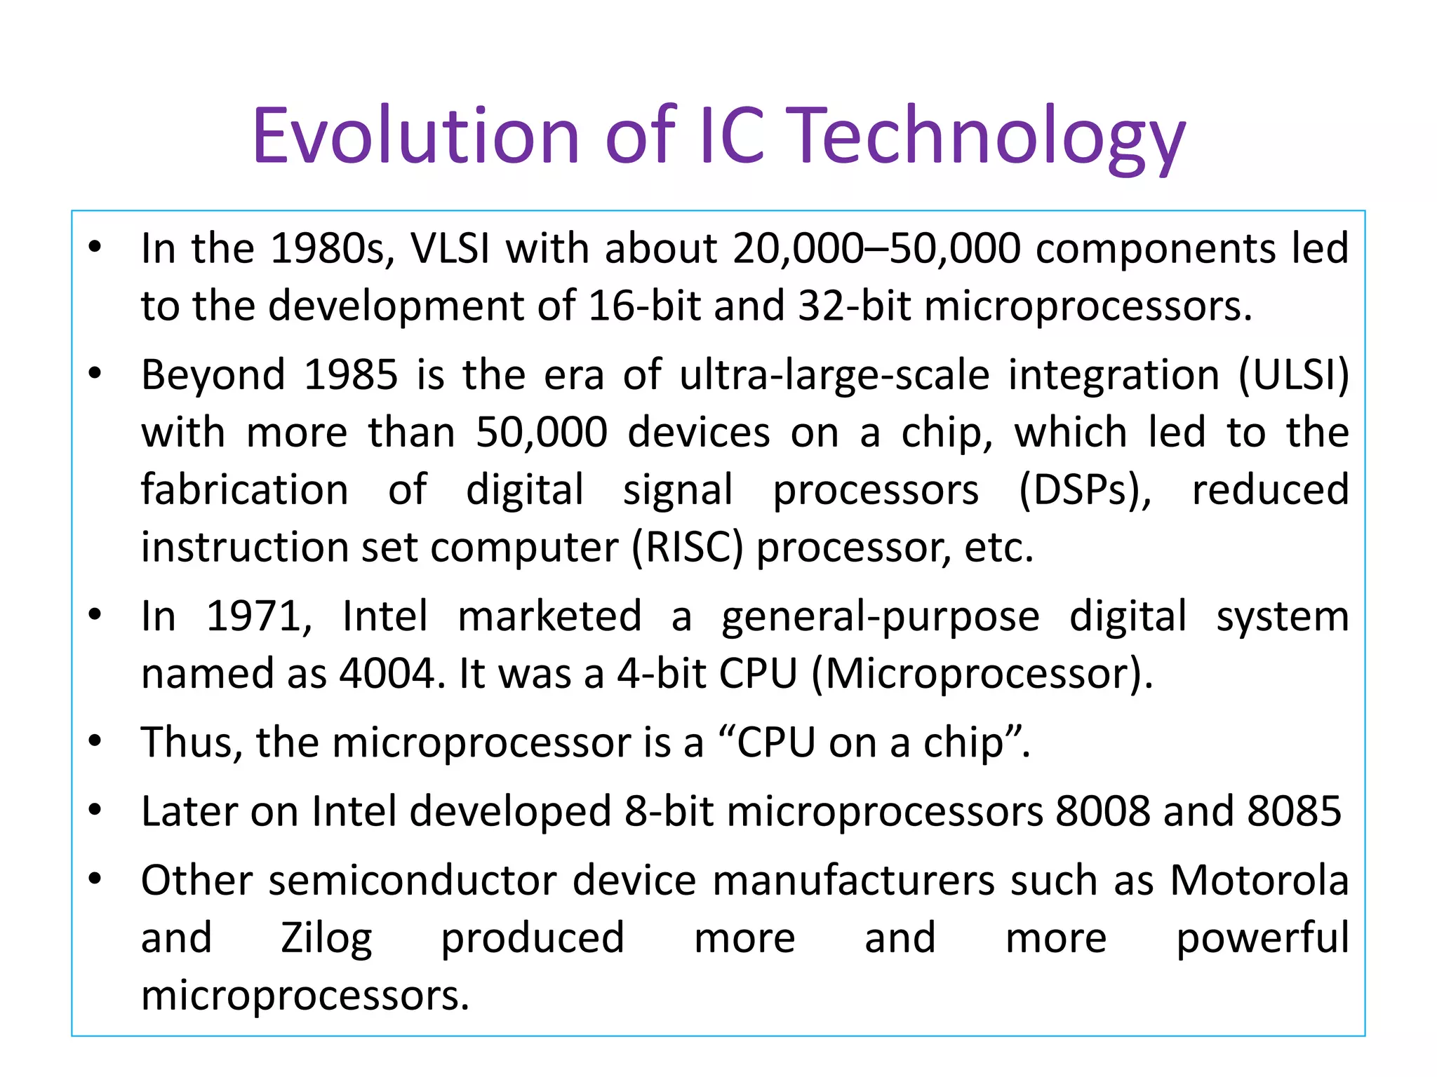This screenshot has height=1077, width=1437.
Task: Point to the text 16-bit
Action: tap(644, 306)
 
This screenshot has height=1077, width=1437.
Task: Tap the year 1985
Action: tap(351, 375)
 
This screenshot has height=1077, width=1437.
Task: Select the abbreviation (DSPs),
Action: tap(1084, 490)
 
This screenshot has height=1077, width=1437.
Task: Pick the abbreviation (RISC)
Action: tap(687, 548)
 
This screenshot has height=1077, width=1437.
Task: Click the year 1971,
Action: tap(258, 617)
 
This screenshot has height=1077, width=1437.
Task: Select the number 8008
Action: tap(1102, 812)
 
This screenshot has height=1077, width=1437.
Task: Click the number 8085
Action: tap(1294, 812)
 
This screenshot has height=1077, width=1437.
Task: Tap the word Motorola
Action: tap(1259, 881)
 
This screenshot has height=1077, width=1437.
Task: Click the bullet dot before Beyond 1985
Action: tap(95, 374)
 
